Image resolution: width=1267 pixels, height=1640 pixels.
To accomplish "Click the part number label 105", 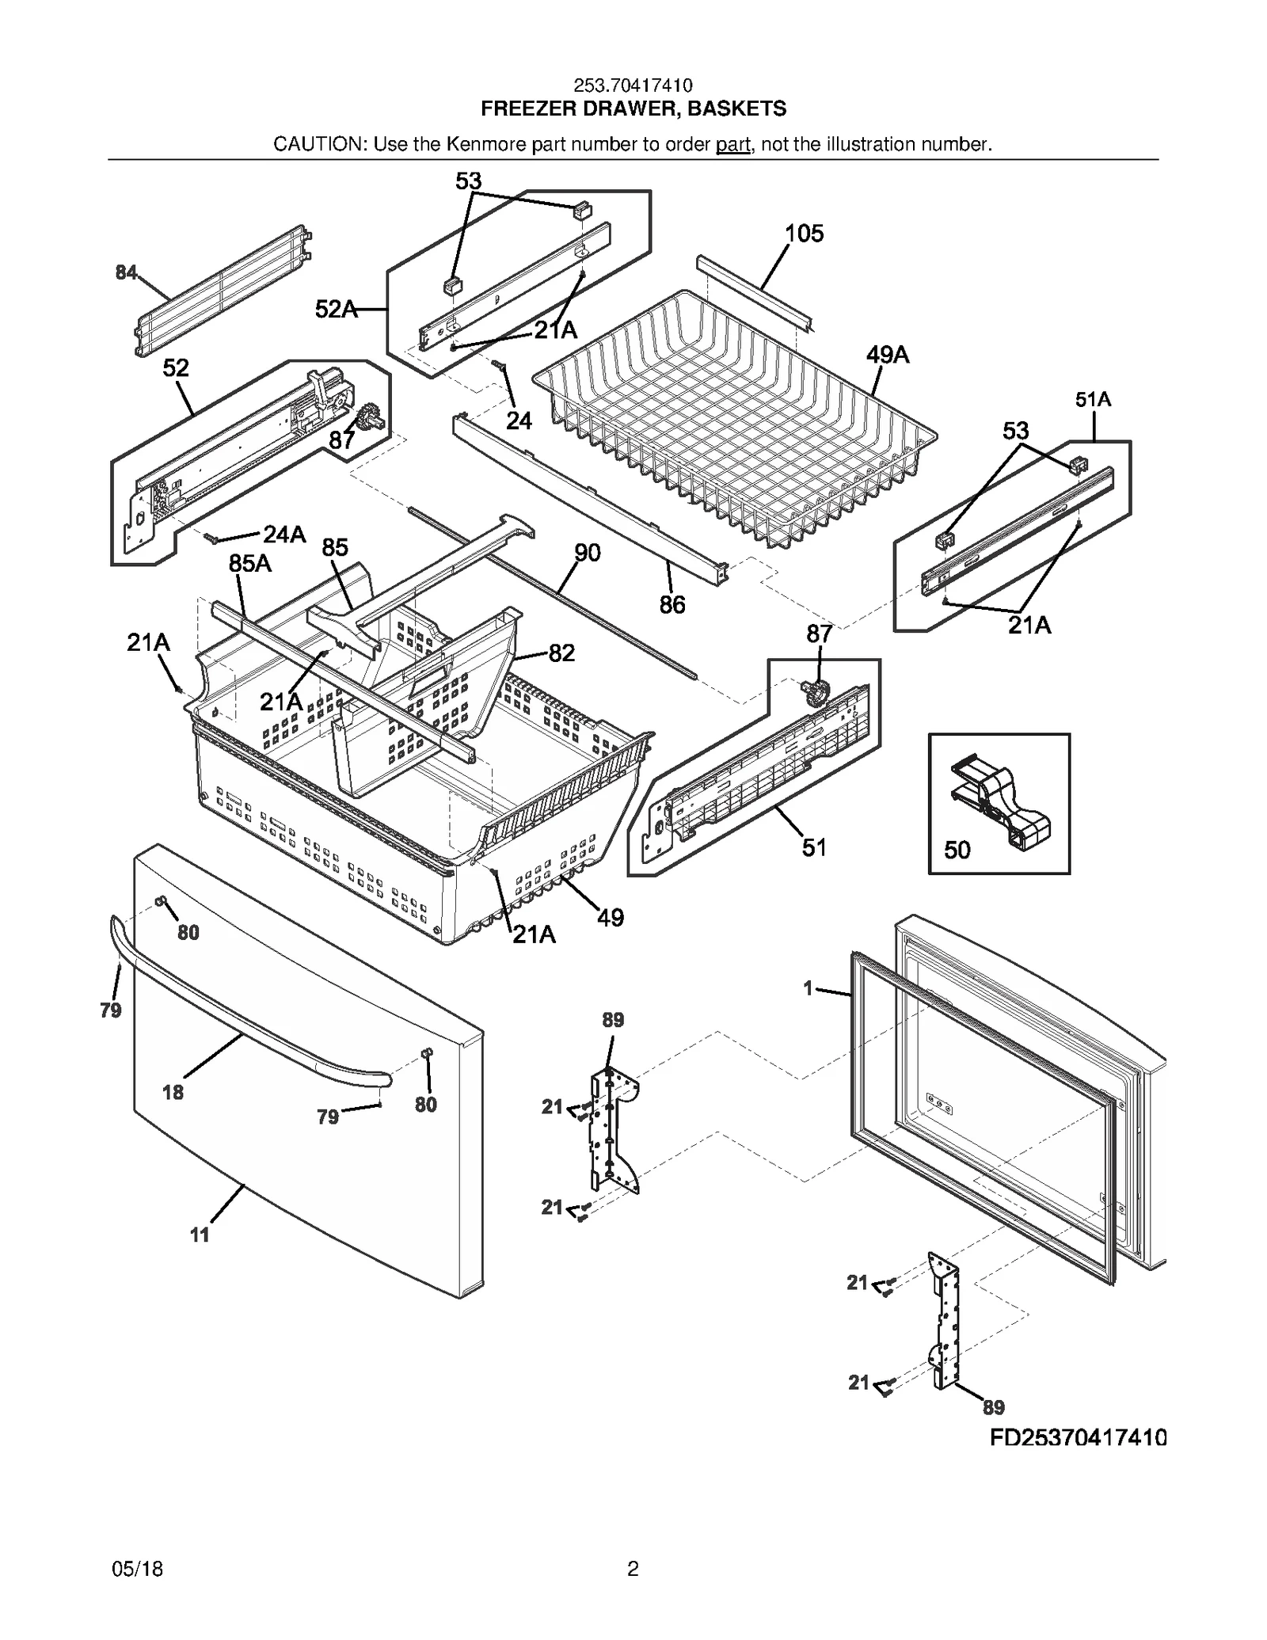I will click(x=804, y=234).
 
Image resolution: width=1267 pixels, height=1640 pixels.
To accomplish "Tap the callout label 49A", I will click(x=887, y=355).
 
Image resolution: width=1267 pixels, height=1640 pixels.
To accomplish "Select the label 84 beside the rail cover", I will click(x=126, y=273).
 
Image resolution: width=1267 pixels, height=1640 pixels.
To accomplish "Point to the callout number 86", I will click(x=672, y=605).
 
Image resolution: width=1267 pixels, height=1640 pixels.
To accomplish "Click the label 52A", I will click(x=336, y=310).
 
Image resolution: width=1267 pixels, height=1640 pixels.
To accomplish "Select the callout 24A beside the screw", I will click(x=284, y=535).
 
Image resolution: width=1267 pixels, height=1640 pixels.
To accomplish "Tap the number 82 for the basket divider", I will click(x=561, y=653).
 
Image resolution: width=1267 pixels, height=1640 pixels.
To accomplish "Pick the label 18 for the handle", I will click(x=173, y=1093).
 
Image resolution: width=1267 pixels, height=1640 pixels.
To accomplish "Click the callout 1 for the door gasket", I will click(x=808, y=988).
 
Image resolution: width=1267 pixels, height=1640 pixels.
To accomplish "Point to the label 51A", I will click(x=1093, y=400).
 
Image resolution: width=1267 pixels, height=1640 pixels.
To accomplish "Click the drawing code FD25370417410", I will click(x=1078, y=1437).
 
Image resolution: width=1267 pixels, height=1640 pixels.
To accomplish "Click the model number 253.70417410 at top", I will click(x=633, y=86).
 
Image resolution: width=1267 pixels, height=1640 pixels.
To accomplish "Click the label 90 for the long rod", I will click(x=587, y=553).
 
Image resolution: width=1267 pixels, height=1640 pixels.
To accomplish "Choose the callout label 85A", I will click(x=249, y=563).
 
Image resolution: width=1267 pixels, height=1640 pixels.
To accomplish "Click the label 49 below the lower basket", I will click(x=610, y=918).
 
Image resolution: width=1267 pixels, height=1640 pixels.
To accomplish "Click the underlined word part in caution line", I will click(x=732, y=144).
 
